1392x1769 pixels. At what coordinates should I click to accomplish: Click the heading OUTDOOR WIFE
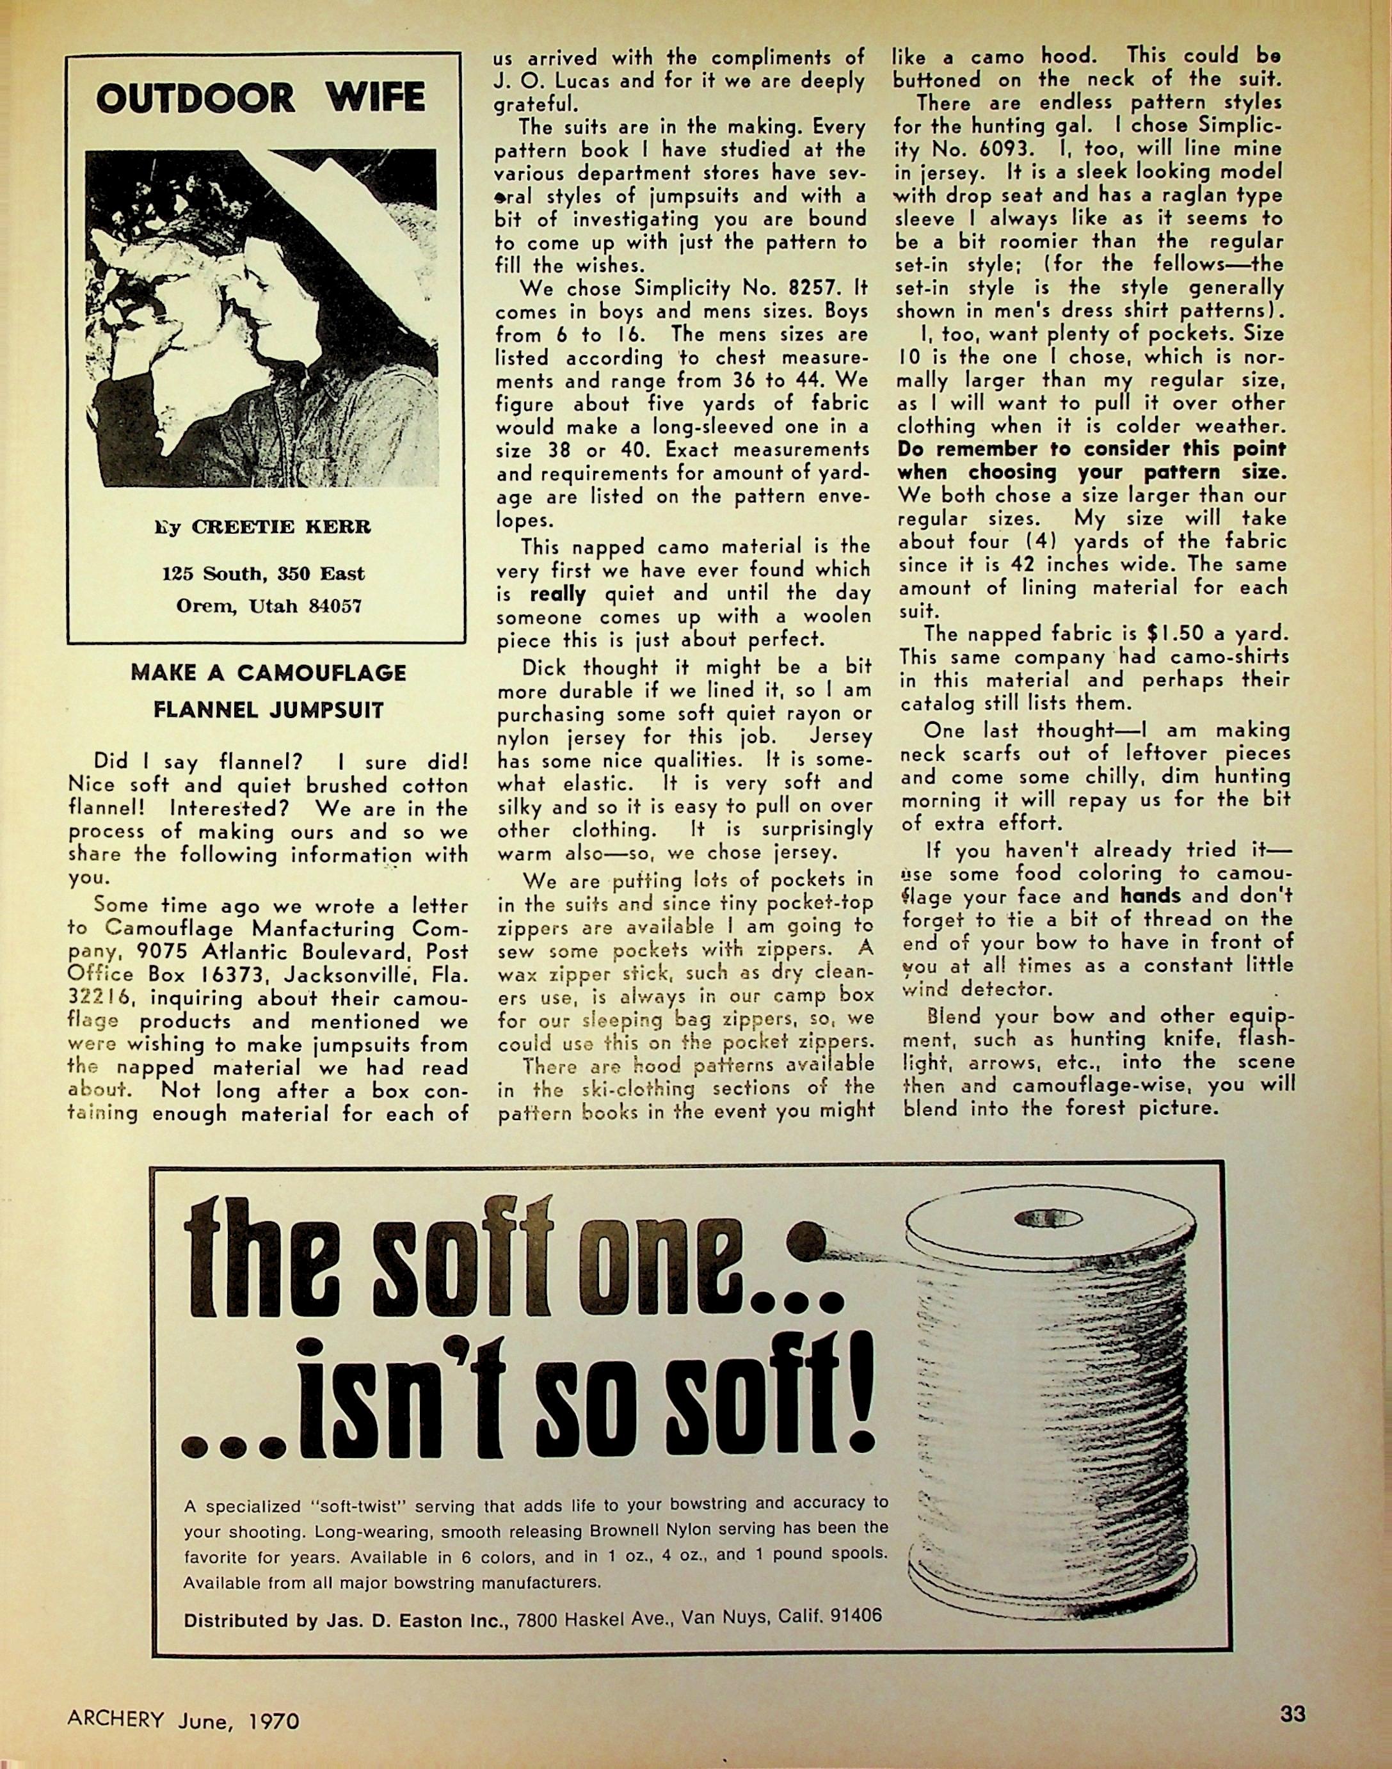pyautogui.click(x=260, y=99)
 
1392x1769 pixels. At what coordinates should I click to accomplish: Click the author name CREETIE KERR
pyautogui.click(x=281, y=527)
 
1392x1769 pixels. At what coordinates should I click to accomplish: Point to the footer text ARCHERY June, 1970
pyautogui.click(x=184, y=1720)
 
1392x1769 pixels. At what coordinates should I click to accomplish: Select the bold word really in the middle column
pyautogui.click(x=557, y=594)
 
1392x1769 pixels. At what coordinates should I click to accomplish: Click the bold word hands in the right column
pyautogui.click(x=1150, y=895)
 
